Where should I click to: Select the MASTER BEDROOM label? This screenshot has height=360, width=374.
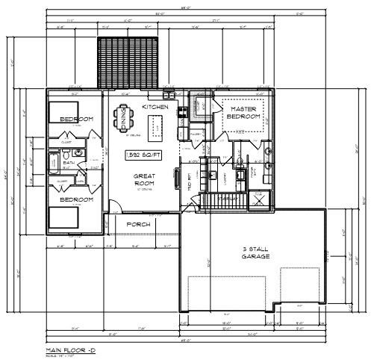click(x=243, y=113)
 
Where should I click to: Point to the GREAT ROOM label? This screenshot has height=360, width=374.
click(x=143, y=180)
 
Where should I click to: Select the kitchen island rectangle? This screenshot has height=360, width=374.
click(x=157, y=133)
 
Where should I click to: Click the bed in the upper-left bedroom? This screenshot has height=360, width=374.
click(x=61, y=111)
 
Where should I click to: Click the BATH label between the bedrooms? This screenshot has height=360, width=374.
click(x=69, y=163)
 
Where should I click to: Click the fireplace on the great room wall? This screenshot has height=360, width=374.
click(x=177, y=179)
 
